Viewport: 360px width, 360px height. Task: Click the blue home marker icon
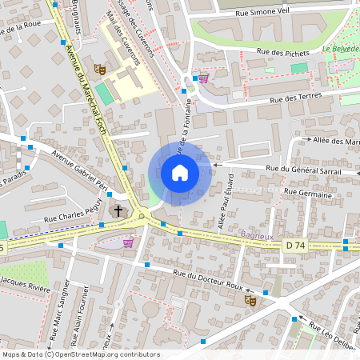(x=179, y=173)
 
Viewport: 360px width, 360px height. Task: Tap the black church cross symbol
(x=118, y=210)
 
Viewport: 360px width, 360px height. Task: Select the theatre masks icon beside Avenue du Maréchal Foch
(x=99, y=70)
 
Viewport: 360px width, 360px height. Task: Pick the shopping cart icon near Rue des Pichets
(x=203, y=78)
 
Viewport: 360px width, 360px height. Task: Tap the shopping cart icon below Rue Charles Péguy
(x=128, y=243)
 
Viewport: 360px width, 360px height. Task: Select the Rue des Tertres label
(x=296, y=98)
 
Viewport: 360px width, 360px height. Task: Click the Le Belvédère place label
(x=341, y=49)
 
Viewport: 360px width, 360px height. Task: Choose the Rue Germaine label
(x=308, y=193)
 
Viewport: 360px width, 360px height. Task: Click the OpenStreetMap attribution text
(x=81, y=354)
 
